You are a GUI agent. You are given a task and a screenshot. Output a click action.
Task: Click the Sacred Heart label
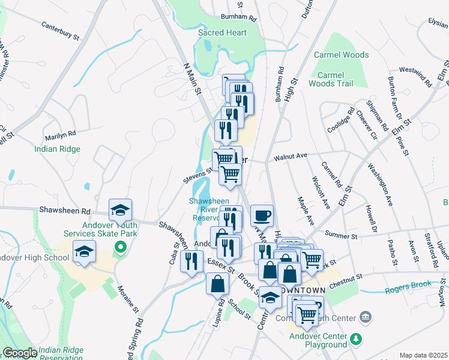[222, 32]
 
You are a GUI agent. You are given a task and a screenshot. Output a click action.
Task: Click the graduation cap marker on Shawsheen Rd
[120, 209]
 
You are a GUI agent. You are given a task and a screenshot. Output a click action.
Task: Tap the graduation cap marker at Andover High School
[84, 251]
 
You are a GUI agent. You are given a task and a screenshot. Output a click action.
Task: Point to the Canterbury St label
[60, 31]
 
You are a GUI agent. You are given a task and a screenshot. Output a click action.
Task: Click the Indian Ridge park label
[57, 149]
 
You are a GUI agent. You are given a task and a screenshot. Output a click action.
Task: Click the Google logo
[19, 353]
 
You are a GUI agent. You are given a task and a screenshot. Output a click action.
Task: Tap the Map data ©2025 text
[423, 355]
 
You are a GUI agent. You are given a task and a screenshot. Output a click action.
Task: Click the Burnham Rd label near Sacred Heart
[238, 18]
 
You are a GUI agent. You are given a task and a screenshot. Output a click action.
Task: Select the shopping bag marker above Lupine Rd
[217, 284]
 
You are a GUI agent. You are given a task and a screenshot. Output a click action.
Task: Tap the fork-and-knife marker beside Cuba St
[191, 261]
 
